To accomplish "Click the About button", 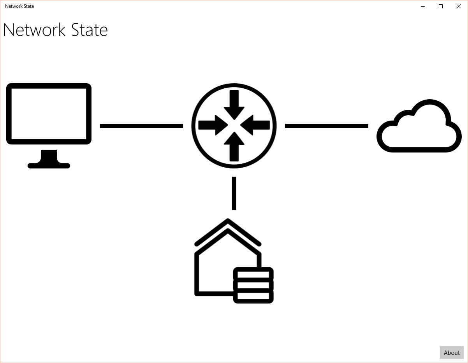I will [x=452, y=352].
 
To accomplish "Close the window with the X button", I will [x=459, y=6].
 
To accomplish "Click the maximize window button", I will [x=441, y=6].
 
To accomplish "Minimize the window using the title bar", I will [x=423, y=6].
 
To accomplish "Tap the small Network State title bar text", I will [x=19, y=6].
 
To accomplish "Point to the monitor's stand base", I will [x=49, y=165].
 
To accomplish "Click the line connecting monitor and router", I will [x=141, y=126].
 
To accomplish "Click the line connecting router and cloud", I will [x=326, y=126].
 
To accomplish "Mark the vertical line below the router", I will [x=234, y=193].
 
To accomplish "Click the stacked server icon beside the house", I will [x=253, y=285].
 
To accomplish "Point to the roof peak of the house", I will [x=227, y=222].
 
